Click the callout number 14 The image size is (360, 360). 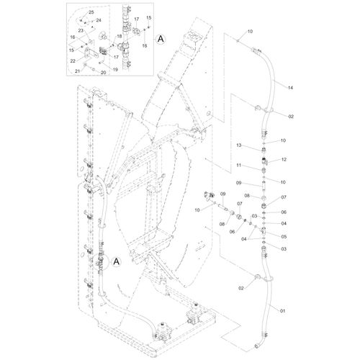click(x=290, y=88)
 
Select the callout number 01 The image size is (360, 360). click(x=282, y=311)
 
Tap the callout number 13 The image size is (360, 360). click(x=239, y=145)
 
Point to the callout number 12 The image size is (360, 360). click(x=284, y=160)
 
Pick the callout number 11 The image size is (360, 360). click(x=238, y=166)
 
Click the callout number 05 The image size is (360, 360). click(x=284, y=237)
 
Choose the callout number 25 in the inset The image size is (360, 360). click(x=91, y=12)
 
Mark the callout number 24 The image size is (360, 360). click(x=99, y=20)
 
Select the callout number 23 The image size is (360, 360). click(x=81, y=31)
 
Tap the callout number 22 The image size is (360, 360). click(x=73, y=61)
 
